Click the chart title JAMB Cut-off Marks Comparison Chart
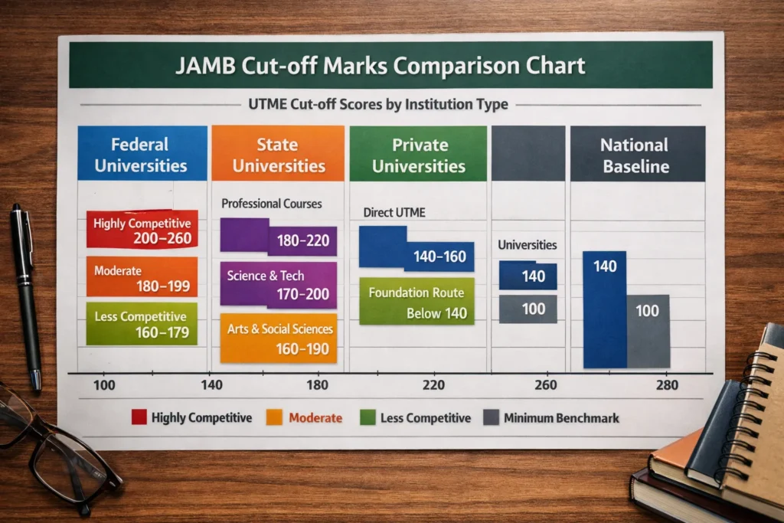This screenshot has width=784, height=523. point(381,65)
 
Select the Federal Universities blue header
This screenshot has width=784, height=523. point(142,154)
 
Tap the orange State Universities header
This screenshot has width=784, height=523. point(278,154)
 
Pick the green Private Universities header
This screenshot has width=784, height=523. point(418,154)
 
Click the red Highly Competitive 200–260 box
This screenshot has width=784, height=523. point(142,230)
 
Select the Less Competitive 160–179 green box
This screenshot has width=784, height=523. point(142,325)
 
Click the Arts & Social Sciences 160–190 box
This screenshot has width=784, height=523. point(279,338)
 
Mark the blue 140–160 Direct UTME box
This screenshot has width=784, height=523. point(417,250)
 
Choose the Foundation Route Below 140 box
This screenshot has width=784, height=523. point(417,302)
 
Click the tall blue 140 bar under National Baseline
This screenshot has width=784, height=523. point(604,310)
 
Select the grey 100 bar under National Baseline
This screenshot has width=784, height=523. point(648,331)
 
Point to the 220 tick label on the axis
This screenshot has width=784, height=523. point(433,385)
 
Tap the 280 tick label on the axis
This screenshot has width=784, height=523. point(667,385)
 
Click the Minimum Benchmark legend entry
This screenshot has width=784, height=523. point(552,418)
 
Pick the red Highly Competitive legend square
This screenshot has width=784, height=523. point(139,417)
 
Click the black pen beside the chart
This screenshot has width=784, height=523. point(26,295)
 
